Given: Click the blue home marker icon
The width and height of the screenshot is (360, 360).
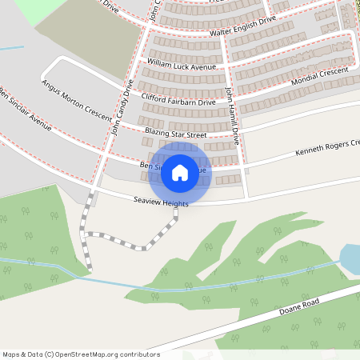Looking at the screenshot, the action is pyautogui.click(x=179, y=173).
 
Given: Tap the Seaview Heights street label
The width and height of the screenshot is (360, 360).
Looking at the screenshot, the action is pyautogui.click(x=161, y=203).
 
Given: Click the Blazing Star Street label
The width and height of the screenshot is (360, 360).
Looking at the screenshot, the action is pyautogui.click(x=175, y=133).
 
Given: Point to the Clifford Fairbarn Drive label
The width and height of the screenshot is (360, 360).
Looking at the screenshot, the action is pyautogui.click(x=178, y=100).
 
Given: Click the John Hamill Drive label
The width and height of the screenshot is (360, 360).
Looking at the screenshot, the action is pyautogui.click(x=233, y=115).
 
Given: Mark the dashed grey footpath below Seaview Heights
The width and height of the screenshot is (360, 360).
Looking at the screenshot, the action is pyautogui.click(x=128, y=238).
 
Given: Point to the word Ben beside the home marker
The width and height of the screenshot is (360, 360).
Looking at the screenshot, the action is pyautogui.click(x=146, y=165).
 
